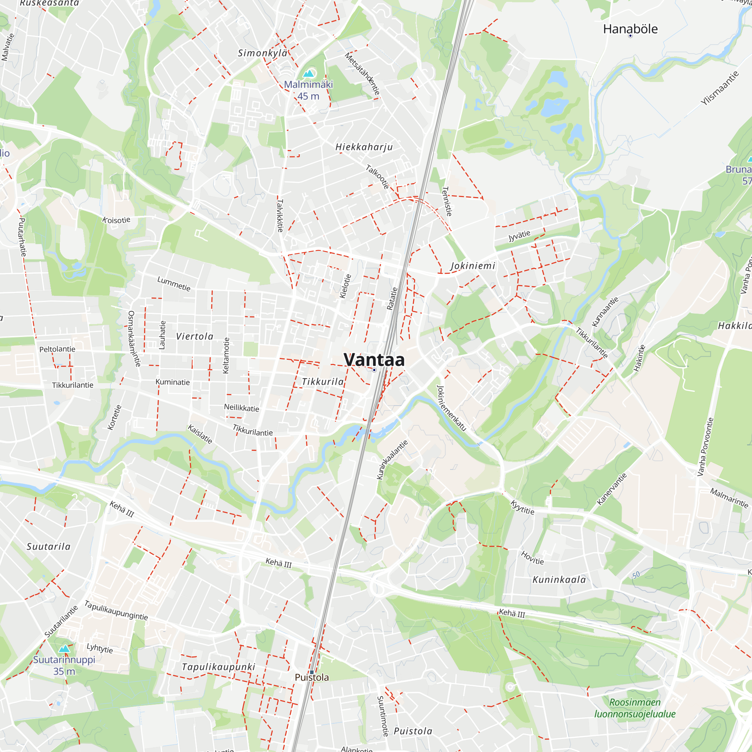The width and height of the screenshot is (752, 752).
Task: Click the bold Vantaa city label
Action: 374,360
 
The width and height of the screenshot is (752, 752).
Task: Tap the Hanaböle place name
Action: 630,29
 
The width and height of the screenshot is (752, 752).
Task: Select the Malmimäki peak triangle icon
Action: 309,73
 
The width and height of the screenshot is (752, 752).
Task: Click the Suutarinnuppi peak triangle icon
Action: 64,649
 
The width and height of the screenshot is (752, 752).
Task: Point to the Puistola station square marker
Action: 312,672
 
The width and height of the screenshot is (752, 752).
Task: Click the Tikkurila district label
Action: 323,382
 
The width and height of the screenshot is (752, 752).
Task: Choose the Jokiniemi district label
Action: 473,266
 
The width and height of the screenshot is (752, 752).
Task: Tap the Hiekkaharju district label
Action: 364,147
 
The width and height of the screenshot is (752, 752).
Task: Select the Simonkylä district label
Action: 263,53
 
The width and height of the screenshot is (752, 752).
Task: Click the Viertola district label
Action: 195,336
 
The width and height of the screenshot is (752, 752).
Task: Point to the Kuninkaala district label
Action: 559,579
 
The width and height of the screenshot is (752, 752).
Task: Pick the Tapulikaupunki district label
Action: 218,667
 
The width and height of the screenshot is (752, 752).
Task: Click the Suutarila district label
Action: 49,546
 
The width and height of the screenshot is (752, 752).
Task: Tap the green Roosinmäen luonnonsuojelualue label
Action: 635,708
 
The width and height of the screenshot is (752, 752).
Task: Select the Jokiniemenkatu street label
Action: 451,408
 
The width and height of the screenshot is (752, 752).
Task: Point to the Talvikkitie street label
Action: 280,215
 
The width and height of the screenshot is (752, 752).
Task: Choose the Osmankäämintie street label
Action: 134,338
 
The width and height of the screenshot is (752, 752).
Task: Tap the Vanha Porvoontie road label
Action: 705,447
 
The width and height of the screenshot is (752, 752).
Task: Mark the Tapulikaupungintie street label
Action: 116,610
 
